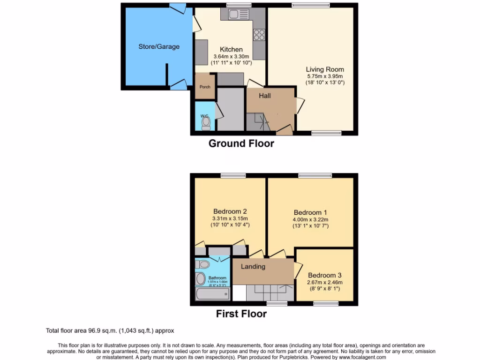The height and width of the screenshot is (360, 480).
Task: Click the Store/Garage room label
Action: click(158, 46)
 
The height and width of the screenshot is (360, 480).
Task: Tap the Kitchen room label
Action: click(232, 49)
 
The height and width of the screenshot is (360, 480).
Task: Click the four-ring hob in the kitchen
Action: click(259, 34)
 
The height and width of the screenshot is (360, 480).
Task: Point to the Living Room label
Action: click(325, 69)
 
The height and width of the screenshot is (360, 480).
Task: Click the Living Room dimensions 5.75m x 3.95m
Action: click(325, 76)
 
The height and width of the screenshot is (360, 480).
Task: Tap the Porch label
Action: click(205, 87)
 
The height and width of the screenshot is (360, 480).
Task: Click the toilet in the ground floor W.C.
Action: click(206, 123)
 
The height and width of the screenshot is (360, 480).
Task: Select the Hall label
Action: click(265, 96)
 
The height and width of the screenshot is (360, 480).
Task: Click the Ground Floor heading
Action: click(241, 143)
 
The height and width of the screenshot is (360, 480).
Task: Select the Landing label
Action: click(253, 267)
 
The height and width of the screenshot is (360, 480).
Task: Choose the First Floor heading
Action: click(241, 314)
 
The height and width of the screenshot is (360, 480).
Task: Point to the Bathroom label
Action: click(217, 278)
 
